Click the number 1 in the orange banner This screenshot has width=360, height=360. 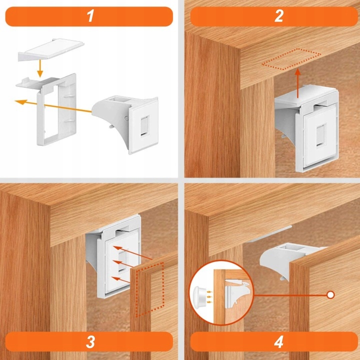[90, 16]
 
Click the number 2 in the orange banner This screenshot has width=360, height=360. [279, 16]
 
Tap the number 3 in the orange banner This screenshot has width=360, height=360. [90, 342]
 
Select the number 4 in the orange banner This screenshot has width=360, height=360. [278, 342]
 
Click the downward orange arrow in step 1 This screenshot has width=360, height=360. [40, 68]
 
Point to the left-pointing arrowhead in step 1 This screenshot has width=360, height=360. [20, 101]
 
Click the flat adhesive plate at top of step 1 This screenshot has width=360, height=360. [51, 50]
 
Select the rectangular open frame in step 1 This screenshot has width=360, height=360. [56, 109]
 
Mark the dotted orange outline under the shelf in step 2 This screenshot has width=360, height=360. [291, 59]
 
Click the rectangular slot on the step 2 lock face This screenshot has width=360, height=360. [321, 134]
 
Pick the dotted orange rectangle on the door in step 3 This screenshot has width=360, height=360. [149, 289]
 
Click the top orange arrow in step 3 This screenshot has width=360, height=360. [132, 253]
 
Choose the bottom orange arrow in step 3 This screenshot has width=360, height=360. [121, 280]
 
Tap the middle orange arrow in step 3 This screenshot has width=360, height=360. [124, 264]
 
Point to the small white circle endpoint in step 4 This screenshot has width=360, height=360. [330, 295]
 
